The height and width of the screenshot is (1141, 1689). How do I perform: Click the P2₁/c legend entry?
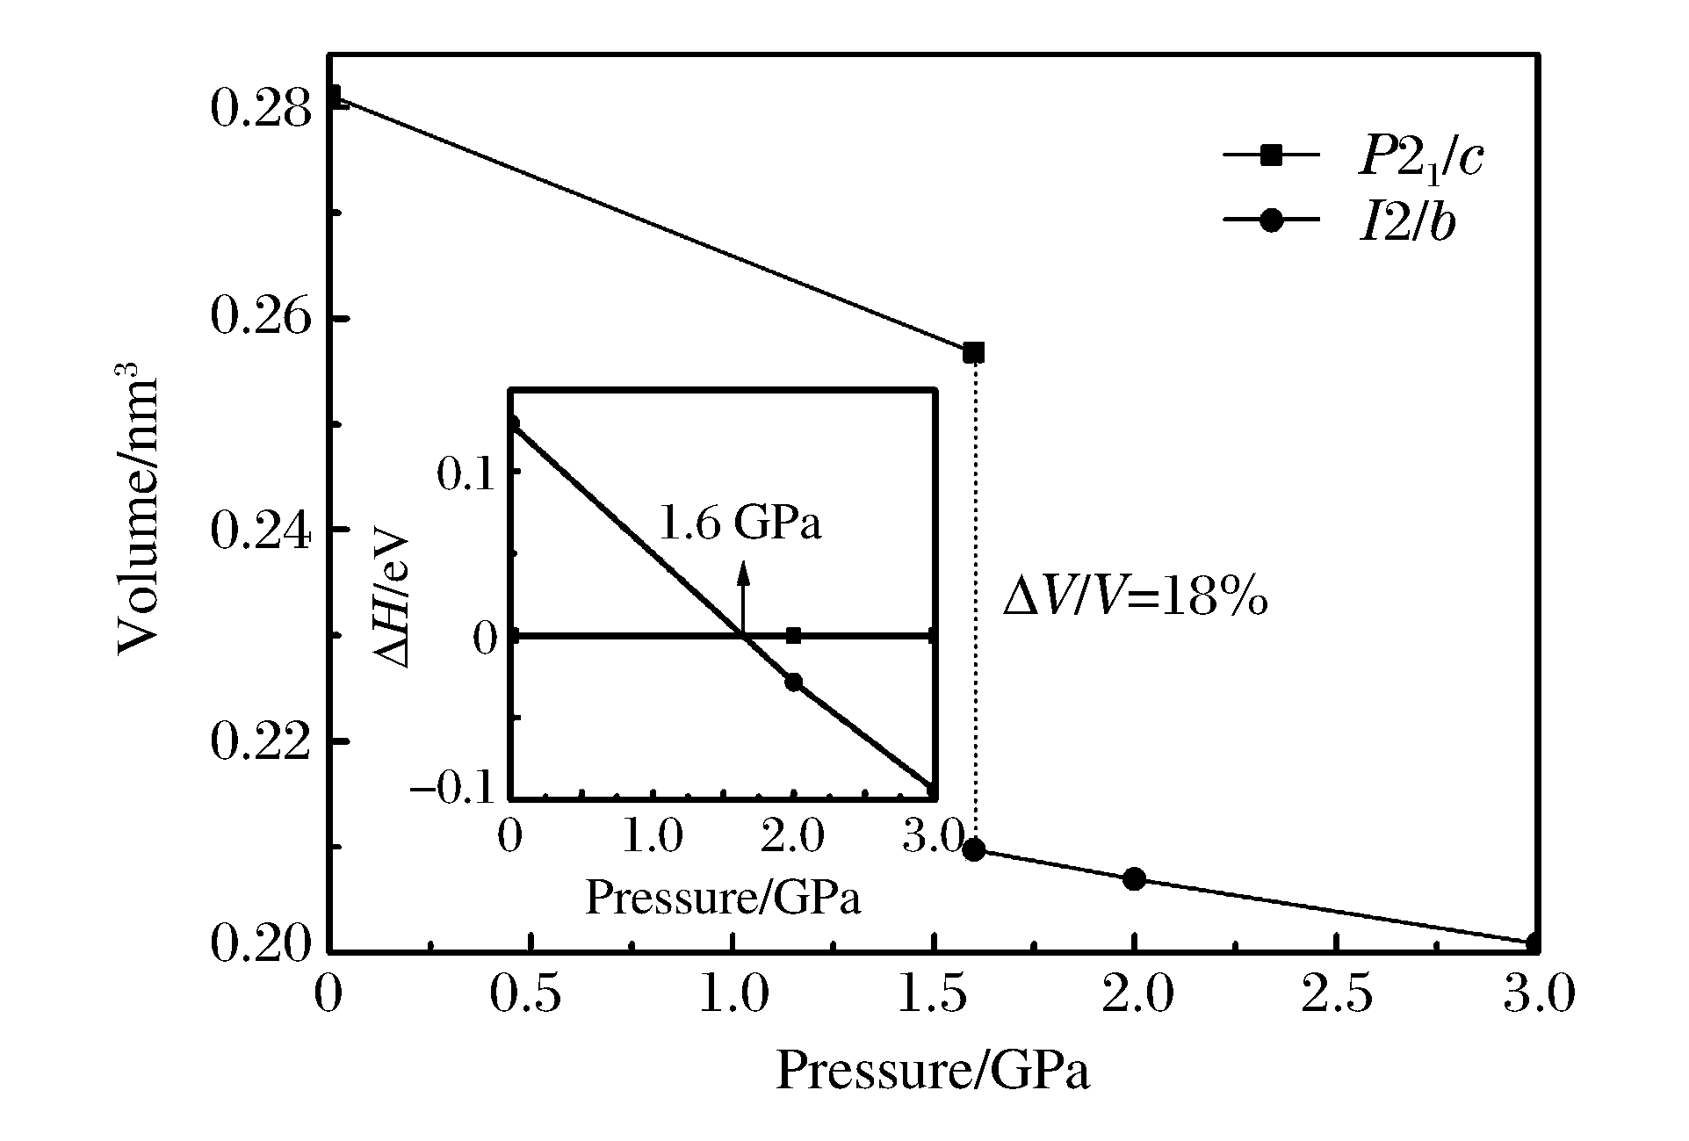[x=1353, y=158]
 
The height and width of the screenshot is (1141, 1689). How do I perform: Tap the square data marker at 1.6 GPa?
[x=973, y=352]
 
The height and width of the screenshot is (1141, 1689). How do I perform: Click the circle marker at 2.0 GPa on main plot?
[x=1134, y=878]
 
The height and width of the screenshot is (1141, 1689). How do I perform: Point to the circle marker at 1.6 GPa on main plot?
[x=973, y=849]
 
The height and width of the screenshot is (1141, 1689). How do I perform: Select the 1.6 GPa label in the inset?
[x=740, y=524]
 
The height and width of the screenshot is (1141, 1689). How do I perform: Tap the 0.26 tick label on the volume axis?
[x=261, y=318]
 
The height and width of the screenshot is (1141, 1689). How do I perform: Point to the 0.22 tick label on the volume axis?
[x=261, y=743]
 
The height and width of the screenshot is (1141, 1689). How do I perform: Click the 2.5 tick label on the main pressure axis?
[x=1336, y=997]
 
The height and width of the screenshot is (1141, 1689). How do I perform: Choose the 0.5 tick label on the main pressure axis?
[x=531, y=997]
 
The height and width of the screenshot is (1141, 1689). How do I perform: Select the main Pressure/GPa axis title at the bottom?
[x=932, y=1072]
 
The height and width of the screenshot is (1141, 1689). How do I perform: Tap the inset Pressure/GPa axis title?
[x=722, y=897]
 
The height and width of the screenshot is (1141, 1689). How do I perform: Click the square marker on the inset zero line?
[x=794, y=635]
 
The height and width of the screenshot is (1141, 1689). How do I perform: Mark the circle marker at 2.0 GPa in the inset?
[x=794, y=682]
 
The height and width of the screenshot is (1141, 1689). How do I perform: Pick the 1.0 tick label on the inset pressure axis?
[x=653, y=837]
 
